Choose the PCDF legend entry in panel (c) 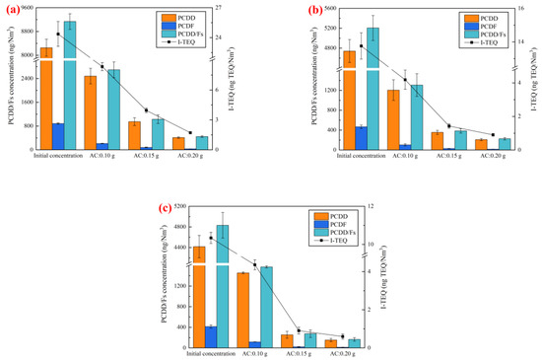(x=332, y=226)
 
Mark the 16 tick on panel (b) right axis (x=522, y=8)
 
